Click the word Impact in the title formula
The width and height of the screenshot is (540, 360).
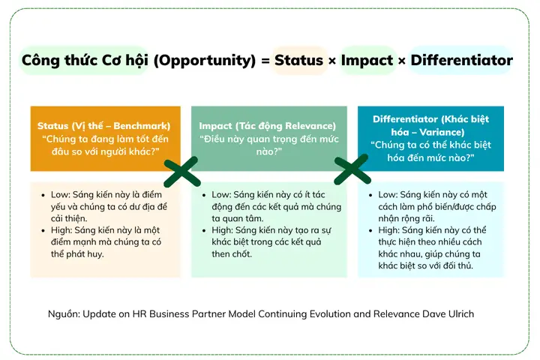[368, 61]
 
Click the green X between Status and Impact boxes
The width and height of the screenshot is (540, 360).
[181, 171]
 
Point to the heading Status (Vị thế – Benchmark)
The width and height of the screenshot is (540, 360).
[104, 125]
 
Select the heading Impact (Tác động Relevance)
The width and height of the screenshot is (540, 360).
[267, 125]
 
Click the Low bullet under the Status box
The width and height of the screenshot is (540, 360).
[46, 194]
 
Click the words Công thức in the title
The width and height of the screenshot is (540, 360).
[53, 61]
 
